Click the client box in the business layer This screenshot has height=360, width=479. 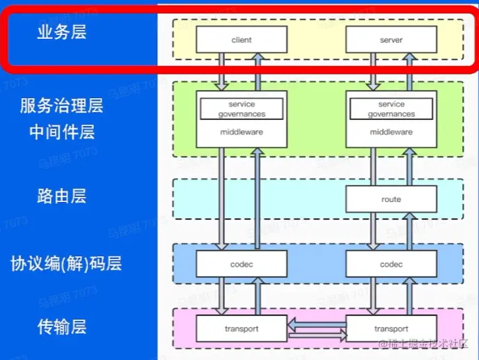pos(242,40)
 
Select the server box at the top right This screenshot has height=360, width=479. pos(391,40)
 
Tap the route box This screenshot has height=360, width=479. pos(391,199)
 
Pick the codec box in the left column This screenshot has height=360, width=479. pos(242,265)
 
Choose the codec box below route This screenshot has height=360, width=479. pos(391,265)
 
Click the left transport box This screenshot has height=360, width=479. pos(242,329)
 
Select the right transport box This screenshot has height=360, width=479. pos(391,329)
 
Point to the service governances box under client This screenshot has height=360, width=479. pos(242,109)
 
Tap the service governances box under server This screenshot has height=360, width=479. pos(391,109)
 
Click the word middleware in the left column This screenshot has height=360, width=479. pos(242,132)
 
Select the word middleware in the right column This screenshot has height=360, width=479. pos(391,132)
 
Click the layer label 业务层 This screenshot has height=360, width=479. pos(62,33)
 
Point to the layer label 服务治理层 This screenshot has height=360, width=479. pos(61,106)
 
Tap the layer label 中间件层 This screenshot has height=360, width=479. pos(62,132)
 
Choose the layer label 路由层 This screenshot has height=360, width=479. pos(62,196)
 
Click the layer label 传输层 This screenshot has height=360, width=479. pos(62,326)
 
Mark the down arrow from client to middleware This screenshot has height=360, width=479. pos(222,72)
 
